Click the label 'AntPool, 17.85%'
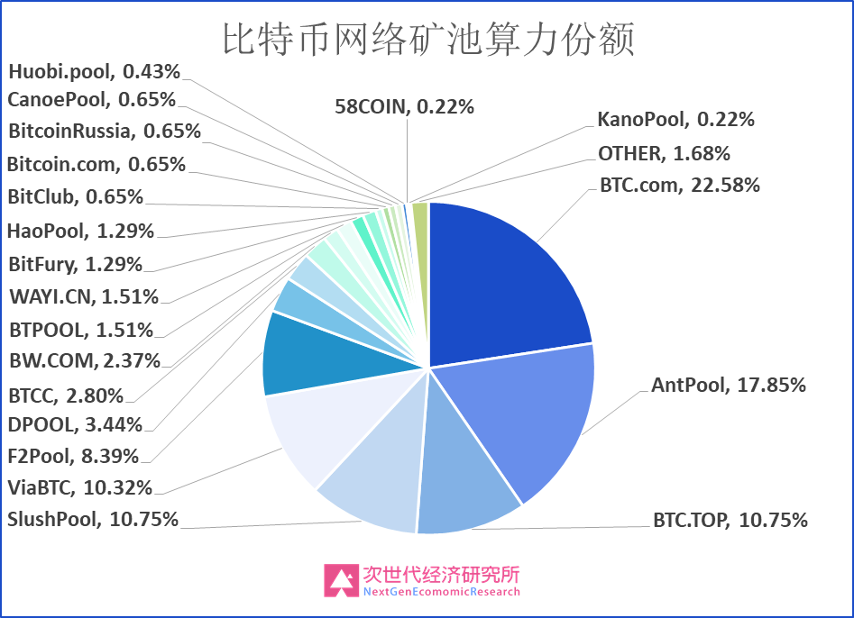[x=728, y=386]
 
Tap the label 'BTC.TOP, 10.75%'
[x=730, y=520]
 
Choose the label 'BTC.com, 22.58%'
[x=679, y=186]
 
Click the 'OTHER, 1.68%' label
[x=664, y=153]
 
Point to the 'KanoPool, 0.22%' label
[x=675, y=119]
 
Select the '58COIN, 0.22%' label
[x=404, y=107]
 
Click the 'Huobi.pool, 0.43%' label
[x=95, y=70]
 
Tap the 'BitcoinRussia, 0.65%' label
[x=105, y=131]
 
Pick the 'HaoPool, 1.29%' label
[x=80, y=231]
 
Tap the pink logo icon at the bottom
[x=341, y=581]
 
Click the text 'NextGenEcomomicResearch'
[x=441, y=592]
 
